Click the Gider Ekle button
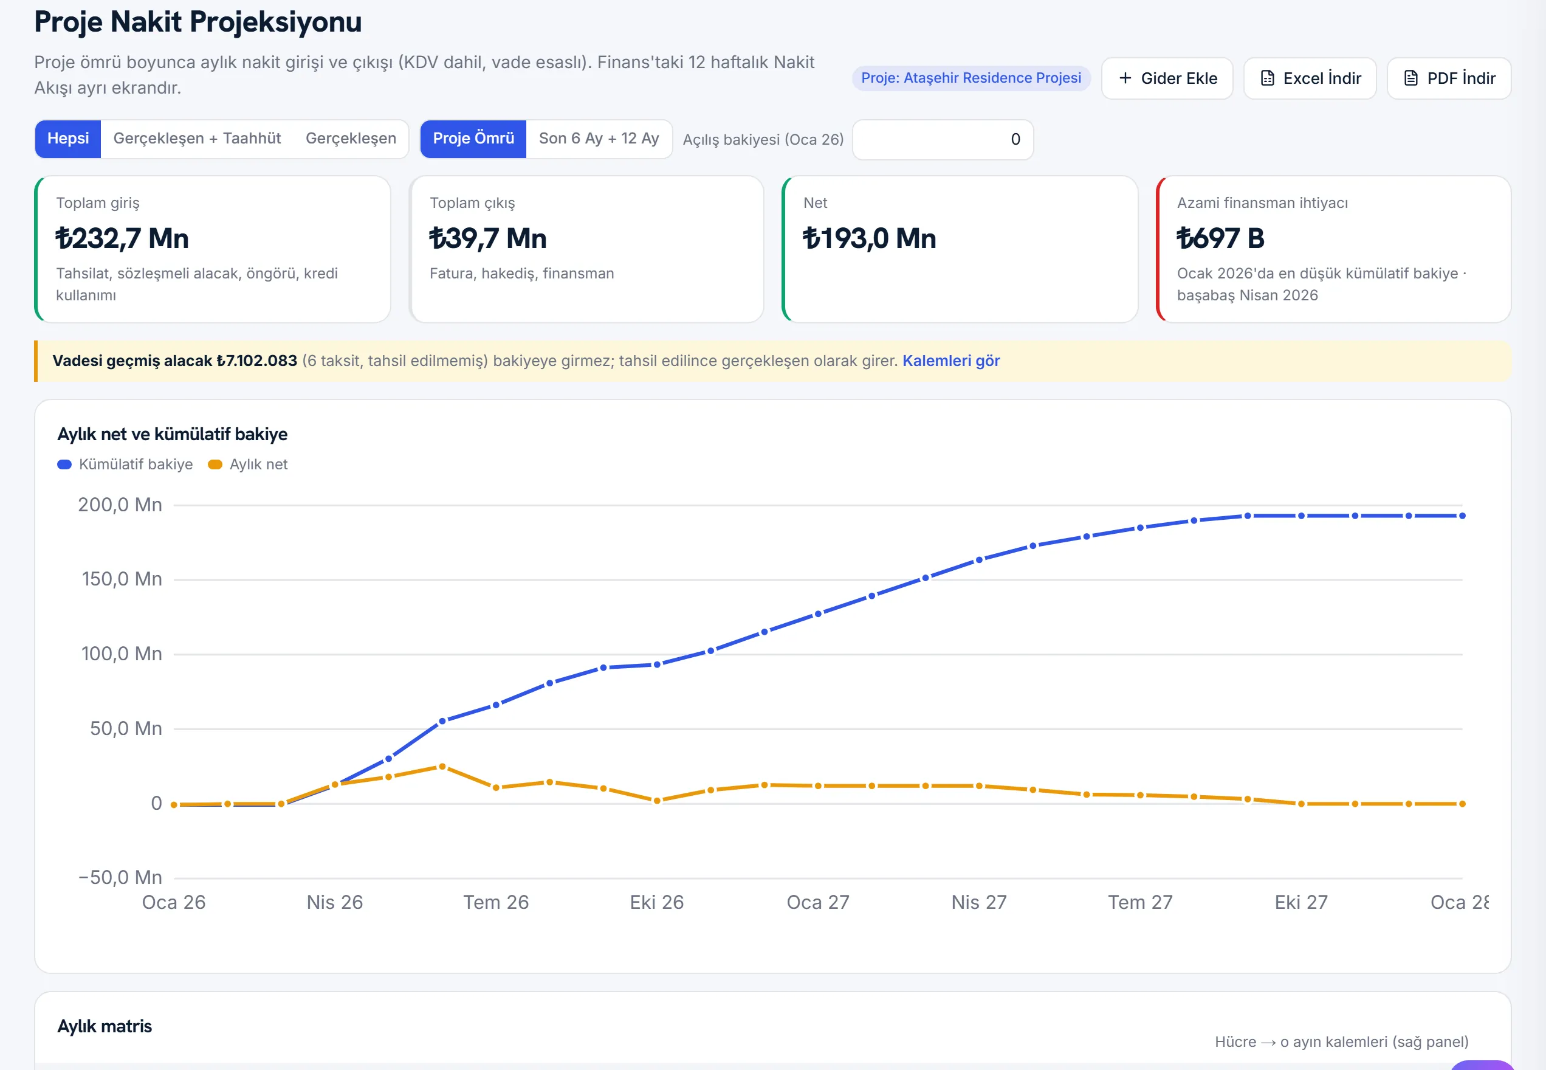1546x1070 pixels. (1167, 78)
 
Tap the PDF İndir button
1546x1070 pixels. (1449, 78)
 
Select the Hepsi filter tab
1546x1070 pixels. (67, 139)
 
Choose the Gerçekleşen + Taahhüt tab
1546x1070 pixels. (197, 139)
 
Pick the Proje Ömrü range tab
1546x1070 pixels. (473, 139)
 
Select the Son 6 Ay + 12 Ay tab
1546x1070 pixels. (599, 139)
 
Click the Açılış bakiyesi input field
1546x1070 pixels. (943, 139)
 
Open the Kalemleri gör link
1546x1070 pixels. (951, 361)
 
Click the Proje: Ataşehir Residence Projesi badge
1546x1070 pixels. (971, 78)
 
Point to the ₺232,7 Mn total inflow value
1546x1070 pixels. (122, 238)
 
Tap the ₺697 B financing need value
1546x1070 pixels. (1220, 238)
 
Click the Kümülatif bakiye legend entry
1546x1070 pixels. (125, 464)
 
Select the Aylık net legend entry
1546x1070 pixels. (248, 464)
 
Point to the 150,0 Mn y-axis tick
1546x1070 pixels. (122, 579)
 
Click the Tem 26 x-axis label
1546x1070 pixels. (496, 902)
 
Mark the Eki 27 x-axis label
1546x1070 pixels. (1300, 902)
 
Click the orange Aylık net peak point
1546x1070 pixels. (442, 766)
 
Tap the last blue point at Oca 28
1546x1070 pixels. (1462, 516)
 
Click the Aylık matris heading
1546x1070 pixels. (105, 1026)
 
